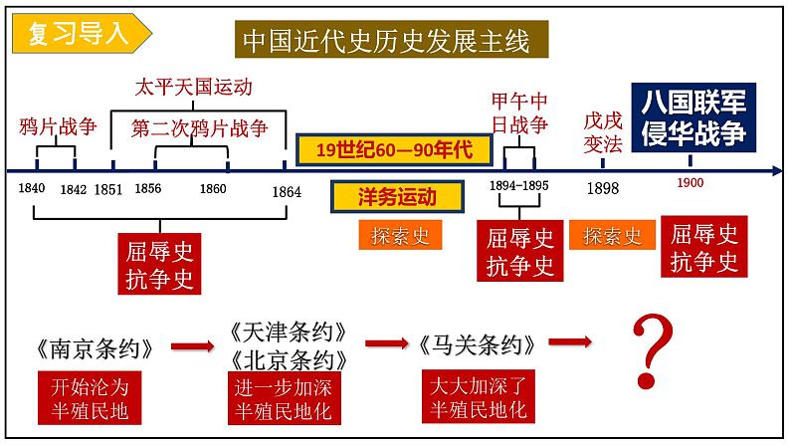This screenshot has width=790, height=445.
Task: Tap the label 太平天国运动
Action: tap(193, 88)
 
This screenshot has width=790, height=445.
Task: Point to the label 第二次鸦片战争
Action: tap(200, 128)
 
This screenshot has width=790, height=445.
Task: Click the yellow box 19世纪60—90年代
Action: tap(395, 150)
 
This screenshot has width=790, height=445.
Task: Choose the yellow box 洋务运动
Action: tap(397, 196)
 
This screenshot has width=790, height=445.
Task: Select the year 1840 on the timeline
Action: tap(32, 189)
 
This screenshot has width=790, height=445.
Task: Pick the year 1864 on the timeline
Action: tap(286, 191)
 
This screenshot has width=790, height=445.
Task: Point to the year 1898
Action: tap(602, 188)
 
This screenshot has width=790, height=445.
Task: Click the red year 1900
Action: tap(690, 183)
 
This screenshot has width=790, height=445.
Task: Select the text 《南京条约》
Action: tap(94, 348)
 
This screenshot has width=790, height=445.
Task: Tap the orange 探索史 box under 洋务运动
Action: tap(395, 235)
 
